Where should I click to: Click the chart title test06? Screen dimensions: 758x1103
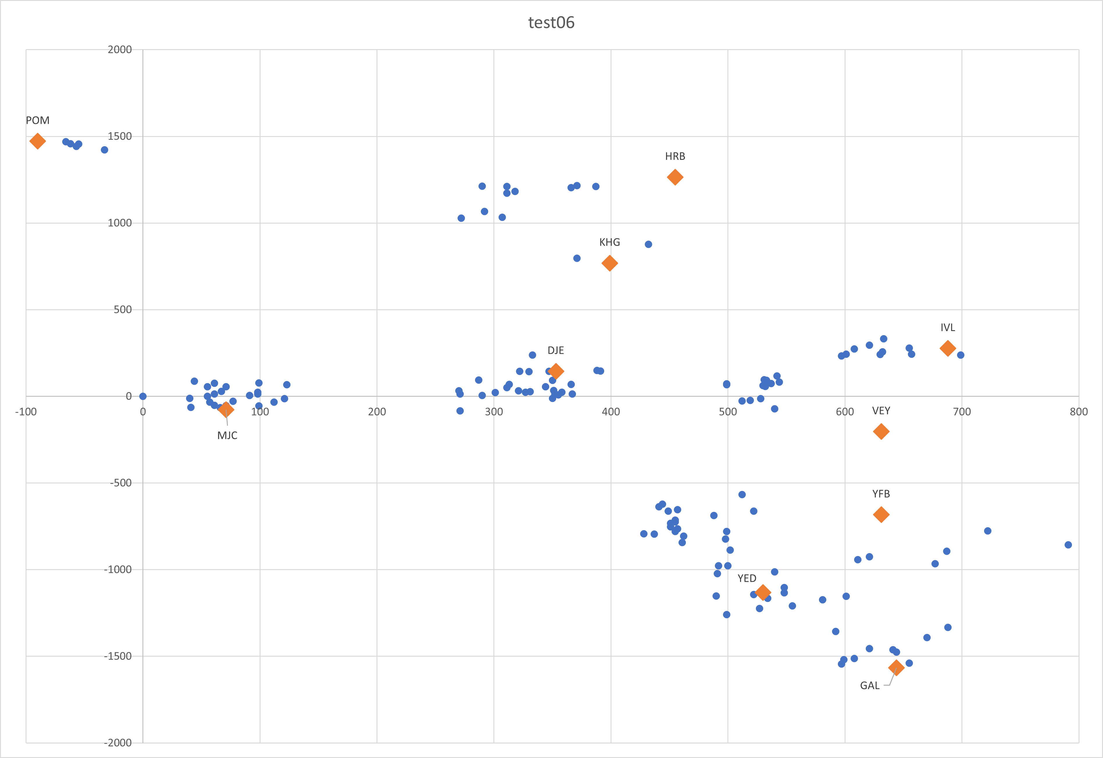[551, 23]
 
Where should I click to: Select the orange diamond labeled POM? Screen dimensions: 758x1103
[38, 141]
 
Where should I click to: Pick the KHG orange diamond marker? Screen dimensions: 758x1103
[609, 263]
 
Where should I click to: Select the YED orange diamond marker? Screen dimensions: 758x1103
[763, 592]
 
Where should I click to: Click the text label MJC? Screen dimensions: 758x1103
[227, 435]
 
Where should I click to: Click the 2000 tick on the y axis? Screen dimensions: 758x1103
[120, 49]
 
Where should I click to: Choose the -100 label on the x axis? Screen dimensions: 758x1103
[26, 412]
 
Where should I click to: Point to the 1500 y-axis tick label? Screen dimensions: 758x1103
[120, 136]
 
